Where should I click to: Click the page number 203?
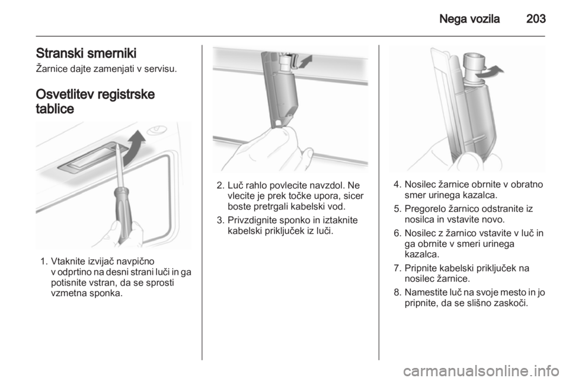point(536,18)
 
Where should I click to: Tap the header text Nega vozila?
point(469,18)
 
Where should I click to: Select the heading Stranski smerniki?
point(86,53)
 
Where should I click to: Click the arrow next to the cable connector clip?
point(305,61)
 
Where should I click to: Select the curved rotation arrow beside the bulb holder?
point(489,71)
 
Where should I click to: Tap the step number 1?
point(43,262)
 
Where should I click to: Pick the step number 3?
point(220,220)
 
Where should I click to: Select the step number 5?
point(397,209)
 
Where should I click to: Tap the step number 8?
point(397,293)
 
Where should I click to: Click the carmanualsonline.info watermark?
point(481,372)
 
